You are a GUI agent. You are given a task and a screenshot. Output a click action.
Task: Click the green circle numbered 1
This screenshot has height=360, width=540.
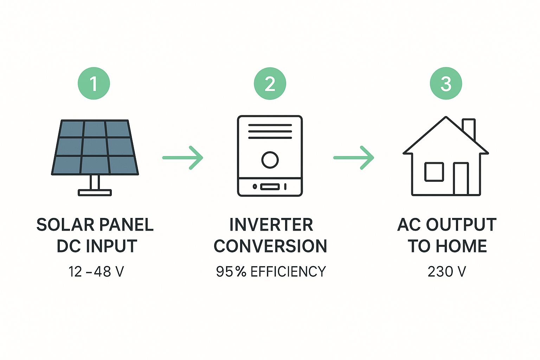point(94,84)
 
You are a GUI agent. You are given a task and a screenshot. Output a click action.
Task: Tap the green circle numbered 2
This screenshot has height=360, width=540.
point(270,84)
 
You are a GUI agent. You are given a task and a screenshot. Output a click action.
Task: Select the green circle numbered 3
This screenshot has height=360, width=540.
point(446,84)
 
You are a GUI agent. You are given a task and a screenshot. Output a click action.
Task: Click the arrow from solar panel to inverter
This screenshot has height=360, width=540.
point(183,157)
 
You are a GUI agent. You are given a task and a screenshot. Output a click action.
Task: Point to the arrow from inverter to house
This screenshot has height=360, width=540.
point(354,157)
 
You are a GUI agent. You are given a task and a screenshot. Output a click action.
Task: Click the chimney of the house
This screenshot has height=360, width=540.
point(469,128)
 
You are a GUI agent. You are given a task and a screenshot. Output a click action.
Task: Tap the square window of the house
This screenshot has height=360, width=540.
point(434,172)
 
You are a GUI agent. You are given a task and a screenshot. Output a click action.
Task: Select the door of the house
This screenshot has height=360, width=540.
point(461,179)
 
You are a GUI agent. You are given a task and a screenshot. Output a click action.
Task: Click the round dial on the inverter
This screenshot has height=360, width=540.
point(270,160)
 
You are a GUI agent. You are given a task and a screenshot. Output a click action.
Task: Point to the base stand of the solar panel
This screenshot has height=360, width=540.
point(95,192)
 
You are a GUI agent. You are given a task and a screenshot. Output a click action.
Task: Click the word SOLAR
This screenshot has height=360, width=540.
point(65,225)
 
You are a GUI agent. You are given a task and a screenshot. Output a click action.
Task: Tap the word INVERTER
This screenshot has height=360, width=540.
point(271,225)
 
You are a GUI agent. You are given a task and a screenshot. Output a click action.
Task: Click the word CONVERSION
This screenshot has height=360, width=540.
point(270,246)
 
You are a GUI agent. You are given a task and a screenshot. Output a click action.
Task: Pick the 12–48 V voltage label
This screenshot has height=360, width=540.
point(96,272)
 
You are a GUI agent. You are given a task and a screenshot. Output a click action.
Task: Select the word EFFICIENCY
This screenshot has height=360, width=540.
point(288,272)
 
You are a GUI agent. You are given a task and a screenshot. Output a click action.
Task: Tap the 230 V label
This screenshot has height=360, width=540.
point(447,272)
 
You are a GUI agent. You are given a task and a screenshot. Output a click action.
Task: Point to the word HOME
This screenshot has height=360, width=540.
point(462,246)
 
